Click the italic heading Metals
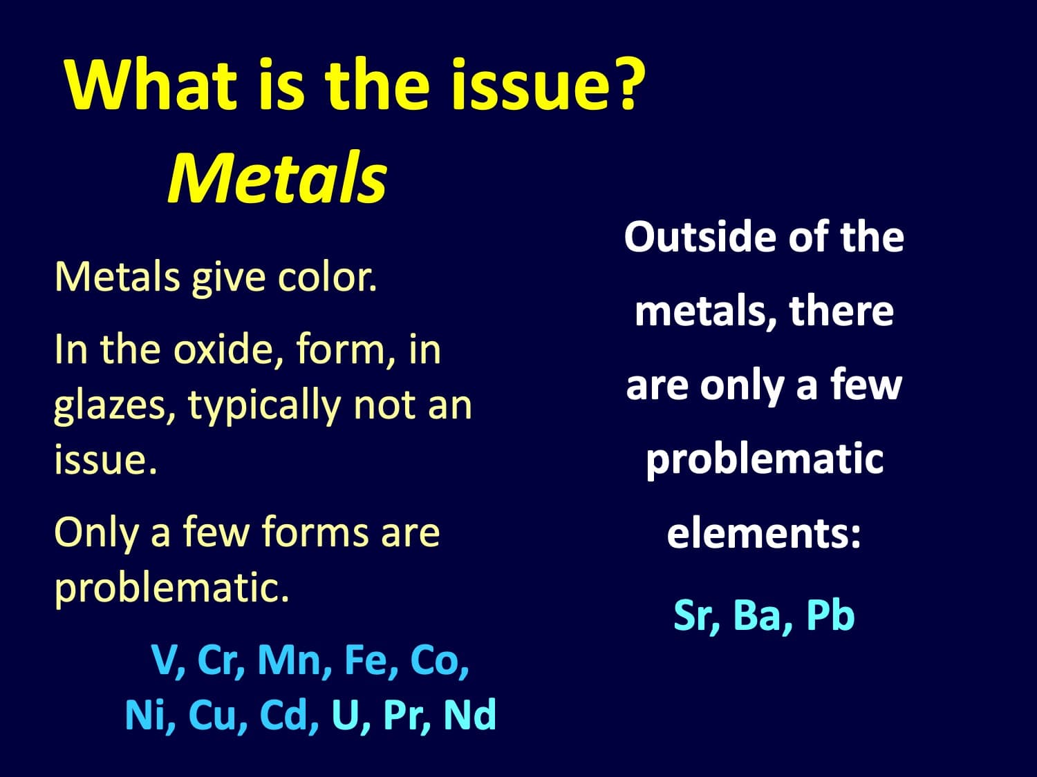point(277,178)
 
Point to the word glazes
point(115,407)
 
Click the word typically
point(264,407)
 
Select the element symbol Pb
point(830,615)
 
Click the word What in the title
point(151,84)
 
